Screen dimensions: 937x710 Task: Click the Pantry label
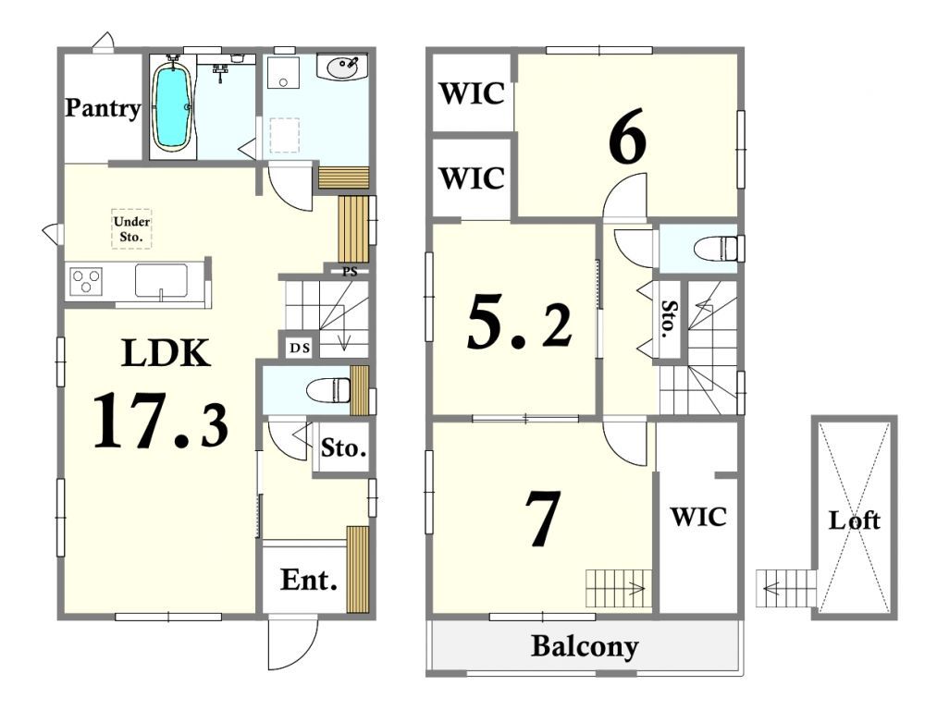103,108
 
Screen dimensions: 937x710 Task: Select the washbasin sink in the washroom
342,67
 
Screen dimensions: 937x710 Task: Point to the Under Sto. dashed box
131,228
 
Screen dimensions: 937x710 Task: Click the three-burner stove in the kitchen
86,281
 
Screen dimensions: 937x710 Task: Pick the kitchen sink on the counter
161,280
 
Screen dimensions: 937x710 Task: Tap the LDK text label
166,353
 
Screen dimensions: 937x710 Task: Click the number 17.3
161,421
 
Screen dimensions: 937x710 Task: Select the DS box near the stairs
300,347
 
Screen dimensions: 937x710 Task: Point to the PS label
351,272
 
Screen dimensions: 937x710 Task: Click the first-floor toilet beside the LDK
328,390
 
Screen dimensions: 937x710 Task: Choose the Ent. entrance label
308,580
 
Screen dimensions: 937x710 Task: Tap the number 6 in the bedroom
627,137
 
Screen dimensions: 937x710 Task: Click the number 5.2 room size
519,323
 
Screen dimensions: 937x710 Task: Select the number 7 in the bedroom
543,519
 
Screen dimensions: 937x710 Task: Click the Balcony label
585,647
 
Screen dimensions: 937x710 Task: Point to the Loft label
854,520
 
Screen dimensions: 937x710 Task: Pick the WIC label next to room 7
698,517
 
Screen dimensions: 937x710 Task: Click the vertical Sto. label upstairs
669,319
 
